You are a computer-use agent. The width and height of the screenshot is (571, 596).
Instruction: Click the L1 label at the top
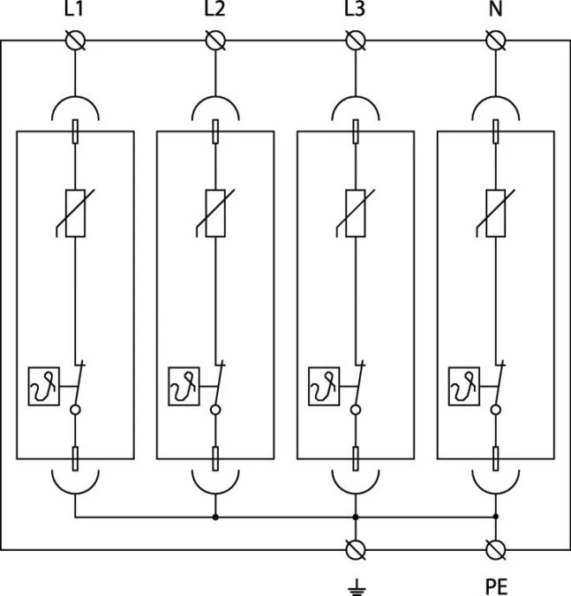coord(74,8)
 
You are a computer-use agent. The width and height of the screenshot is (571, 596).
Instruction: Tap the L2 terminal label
coord(214,8)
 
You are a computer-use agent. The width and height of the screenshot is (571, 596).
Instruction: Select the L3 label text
coord(355,8)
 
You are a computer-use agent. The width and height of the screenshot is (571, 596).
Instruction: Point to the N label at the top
coord(495,8)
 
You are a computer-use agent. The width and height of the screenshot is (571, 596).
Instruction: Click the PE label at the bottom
coord(496,587)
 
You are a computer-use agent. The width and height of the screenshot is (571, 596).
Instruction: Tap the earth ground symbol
coord(357,587)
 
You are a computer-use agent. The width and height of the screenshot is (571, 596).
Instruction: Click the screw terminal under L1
coord(75,41)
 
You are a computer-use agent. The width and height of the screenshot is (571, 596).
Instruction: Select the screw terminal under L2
coord(215,41)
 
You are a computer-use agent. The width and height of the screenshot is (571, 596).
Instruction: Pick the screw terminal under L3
coord(356,41)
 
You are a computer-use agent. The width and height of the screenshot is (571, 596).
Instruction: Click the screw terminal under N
coord(496,41)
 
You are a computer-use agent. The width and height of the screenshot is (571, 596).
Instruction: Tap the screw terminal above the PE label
coord(496,549)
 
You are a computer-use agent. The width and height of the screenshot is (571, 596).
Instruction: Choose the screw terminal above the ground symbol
coord(356,549)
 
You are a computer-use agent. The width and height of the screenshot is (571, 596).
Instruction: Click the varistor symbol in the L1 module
coord(75,214)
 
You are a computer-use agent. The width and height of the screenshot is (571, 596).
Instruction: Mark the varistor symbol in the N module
coord(496,214)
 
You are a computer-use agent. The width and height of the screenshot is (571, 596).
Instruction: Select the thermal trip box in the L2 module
coord(184,386)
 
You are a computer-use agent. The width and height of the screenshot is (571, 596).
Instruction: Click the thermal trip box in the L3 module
coord(324,386)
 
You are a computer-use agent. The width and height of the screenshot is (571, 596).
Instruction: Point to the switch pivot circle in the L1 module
coord(75,410)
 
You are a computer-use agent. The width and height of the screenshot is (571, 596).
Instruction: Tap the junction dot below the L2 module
coord(215,517)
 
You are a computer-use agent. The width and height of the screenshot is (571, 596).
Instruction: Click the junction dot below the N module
coord(496,517)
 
